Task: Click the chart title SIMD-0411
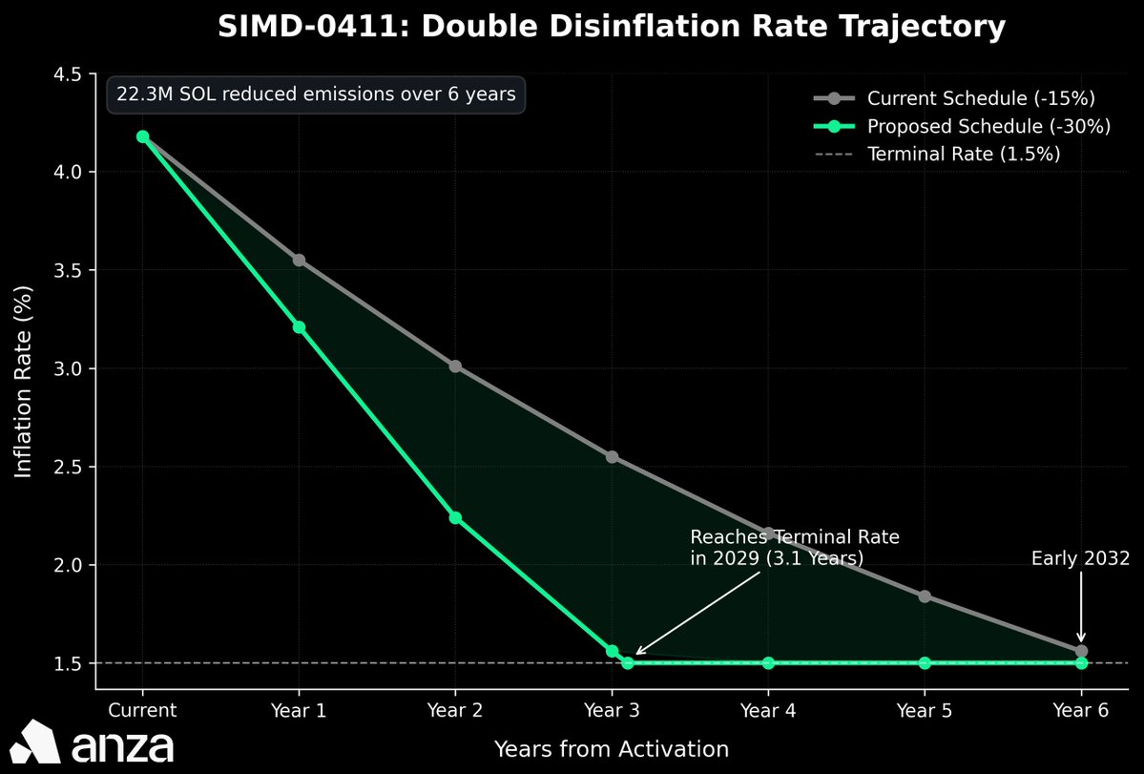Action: click(x=612, y=27)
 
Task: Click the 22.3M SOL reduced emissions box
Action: click(x=316, y=94)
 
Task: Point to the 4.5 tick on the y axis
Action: click(x=69, y=73)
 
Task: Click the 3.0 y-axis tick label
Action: click(x=69, y=368)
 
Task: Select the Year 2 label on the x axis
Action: click(x=455, y=710)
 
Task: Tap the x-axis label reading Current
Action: click(x=142, y=710)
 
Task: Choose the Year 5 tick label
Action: click(x=925, y=710)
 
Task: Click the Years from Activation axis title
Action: click(x=612, y=749)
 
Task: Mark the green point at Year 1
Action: click(x=300, y=326)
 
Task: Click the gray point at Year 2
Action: click(x=455, y=366)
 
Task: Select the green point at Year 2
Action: click(x=455, y=517)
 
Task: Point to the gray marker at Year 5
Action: click(x=925, y=596)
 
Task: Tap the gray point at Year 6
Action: click(x=1081, y=651)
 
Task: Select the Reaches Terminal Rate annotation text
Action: click(x=794, y=548)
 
